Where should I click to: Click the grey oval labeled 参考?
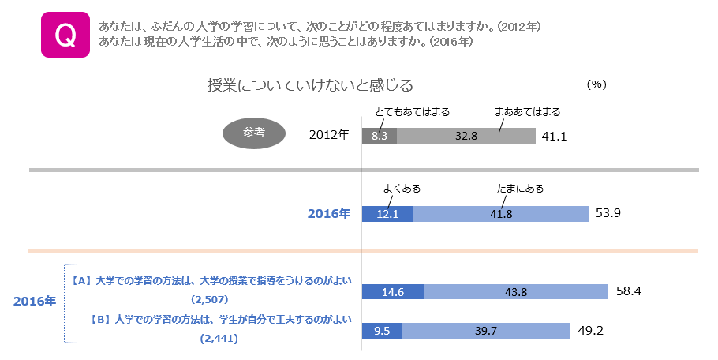[x=254, y=133]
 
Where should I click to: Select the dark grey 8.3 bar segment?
[x=379, y=136]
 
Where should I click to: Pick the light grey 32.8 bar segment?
[x=466, y=136]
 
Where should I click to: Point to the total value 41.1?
[x=555, y=137]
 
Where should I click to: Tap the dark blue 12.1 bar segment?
[x=387, y=213]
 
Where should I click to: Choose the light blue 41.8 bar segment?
[x=501, y=213]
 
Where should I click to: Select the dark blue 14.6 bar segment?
[x=392, y=292]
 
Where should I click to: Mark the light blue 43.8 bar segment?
[x=515, y=292]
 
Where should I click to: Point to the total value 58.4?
[x=629, y=292]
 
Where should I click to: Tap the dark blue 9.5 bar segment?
[x=382, y=331]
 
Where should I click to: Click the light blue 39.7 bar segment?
[x=486, y=331]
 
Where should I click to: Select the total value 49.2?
[x=590, y=331]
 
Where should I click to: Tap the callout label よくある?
[x=402, y=189]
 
